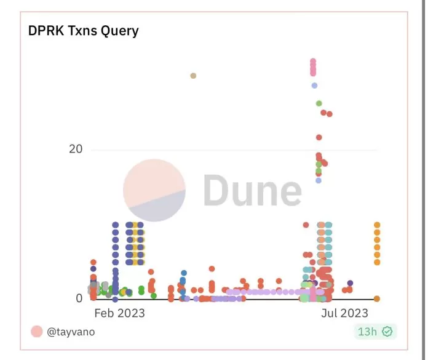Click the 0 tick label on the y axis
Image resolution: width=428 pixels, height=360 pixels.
(79, 298)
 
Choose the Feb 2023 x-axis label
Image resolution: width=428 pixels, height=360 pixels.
(119, 313)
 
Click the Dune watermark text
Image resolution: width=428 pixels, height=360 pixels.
(252, 190)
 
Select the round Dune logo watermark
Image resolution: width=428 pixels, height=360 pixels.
(154, 190)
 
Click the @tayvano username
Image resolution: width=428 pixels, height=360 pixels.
(71, 332)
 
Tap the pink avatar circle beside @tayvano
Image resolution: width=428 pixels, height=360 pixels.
(36, 332)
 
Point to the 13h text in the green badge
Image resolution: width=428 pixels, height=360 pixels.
(367, 332)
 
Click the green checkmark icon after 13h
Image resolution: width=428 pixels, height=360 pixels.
(387, 332)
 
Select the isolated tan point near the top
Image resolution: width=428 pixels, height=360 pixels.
(193, 76)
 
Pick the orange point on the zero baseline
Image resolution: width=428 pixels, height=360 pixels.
(377, 298)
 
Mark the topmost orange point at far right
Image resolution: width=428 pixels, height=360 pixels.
(377, 225)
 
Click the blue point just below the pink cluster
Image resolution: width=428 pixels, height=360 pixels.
(314, 86)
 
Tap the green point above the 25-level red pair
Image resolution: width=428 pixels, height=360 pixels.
(319, 103)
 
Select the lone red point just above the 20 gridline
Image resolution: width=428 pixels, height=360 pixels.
(319, 137)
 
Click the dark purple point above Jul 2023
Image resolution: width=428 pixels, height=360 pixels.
(350, 284)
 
